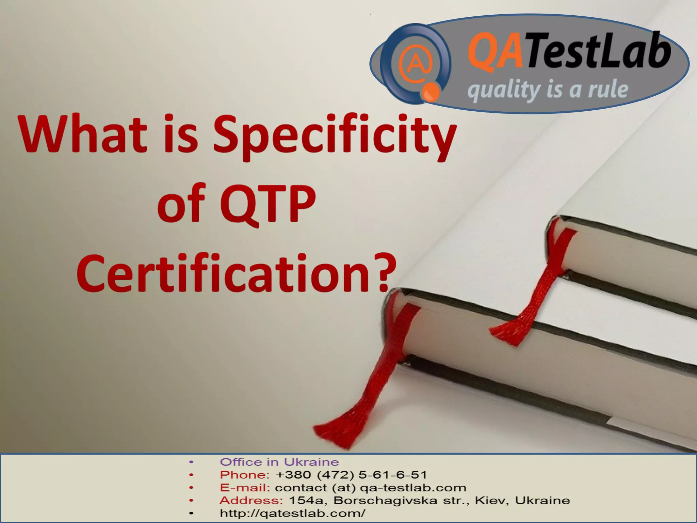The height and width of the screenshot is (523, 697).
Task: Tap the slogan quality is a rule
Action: [x=548, y=90]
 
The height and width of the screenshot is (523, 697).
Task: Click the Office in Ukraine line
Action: [x=279, y=462]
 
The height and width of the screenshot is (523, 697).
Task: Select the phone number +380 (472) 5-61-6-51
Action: [x=351, y=475]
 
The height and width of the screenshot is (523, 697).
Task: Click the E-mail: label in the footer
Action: [x=245, y=488]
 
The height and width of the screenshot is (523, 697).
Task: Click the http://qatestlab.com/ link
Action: [x=292, y=513]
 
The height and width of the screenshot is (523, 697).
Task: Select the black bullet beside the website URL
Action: [x=191, y=513]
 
